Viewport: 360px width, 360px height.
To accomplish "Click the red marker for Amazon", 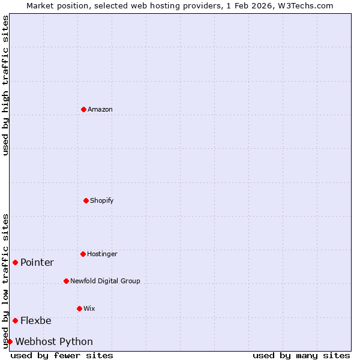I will (83, 109).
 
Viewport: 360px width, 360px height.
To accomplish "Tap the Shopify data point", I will (86, 200).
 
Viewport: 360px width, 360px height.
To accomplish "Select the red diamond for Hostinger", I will (83, 254).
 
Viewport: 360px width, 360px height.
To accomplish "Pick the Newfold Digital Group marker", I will (66, 281).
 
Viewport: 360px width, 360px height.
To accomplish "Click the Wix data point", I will (79, 308).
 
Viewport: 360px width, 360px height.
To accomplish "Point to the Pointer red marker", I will (15, 262).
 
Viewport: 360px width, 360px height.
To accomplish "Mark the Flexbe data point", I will (15, 320).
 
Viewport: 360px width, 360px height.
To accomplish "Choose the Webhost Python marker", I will (10, 341).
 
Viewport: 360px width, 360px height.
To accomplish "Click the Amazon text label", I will (100, 109).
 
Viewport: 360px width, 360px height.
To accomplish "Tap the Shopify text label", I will (102, 200).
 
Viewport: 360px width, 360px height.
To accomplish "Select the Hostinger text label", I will (102, 254).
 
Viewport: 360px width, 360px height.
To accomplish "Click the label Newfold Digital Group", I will (105, 281).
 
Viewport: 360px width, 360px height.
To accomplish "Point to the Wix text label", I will (89, 308).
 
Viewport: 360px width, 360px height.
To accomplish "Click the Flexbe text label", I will (36, 320).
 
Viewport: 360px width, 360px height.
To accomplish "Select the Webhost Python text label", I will (54, 341).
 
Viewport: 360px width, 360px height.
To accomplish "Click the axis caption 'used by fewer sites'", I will (62, 355).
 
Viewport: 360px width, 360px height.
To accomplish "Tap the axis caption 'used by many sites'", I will (301, 355).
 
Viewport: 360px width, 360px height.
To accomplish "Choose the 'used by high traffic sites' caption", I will (5, 85).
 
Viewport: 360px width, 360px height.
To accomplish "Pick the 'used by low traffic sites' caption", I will (5, 280).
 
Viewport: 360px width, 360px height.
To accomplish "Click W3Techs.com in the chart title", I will (304, 5).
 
